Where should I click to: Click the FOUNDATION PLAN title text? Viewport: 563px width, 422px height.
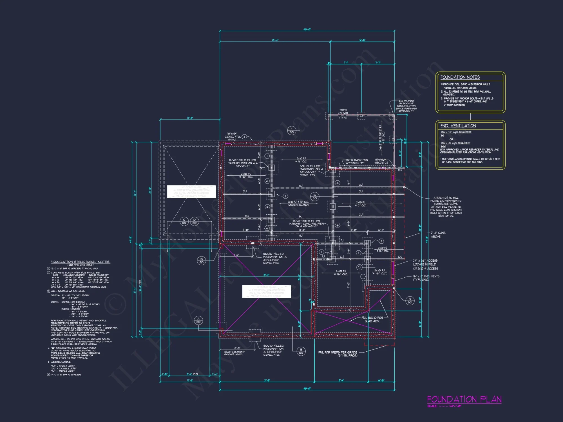[464, 399]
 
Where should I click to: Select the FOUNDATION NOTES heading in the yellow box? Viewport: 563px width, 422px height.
[460, 77]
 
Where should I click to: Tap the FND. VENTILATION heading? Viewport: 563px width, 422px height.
[458, 126]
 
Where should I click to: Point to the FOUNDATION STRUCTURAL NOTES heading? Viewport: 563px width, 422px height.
[80, 262]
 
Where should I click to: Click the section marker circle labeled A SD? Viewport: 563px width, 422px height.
[198, 320]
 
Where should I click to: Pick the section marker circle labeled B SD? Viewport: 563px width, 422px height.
[201, 261]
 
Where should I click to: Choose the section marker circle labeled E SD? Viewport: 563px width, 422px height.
[301, 351]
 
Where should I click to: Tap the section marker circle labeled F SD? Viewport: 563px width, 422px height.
[292, 130]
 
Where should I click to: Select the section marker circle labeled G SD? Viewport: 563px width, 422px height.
[314, 196]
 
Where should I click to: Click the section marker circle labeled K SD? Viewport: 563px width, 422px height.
[410, 300]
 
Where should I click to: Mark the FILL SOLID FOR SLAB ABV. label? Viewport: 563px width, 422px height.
[372, 319]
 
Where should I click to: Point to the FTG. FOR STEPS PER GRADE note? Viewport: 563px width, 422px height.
[338, 354]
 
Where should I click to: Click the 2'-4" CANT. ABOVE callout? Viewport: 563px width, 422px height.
[438, 235]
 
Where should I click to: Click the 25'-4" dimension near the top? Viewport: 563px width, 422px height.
[275, 40]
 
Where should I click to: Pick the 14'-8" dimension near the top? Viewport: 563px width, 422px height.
[362, 40]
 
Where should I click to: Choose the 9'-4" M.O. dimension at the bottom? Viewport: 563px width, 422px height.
[192, 374]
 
